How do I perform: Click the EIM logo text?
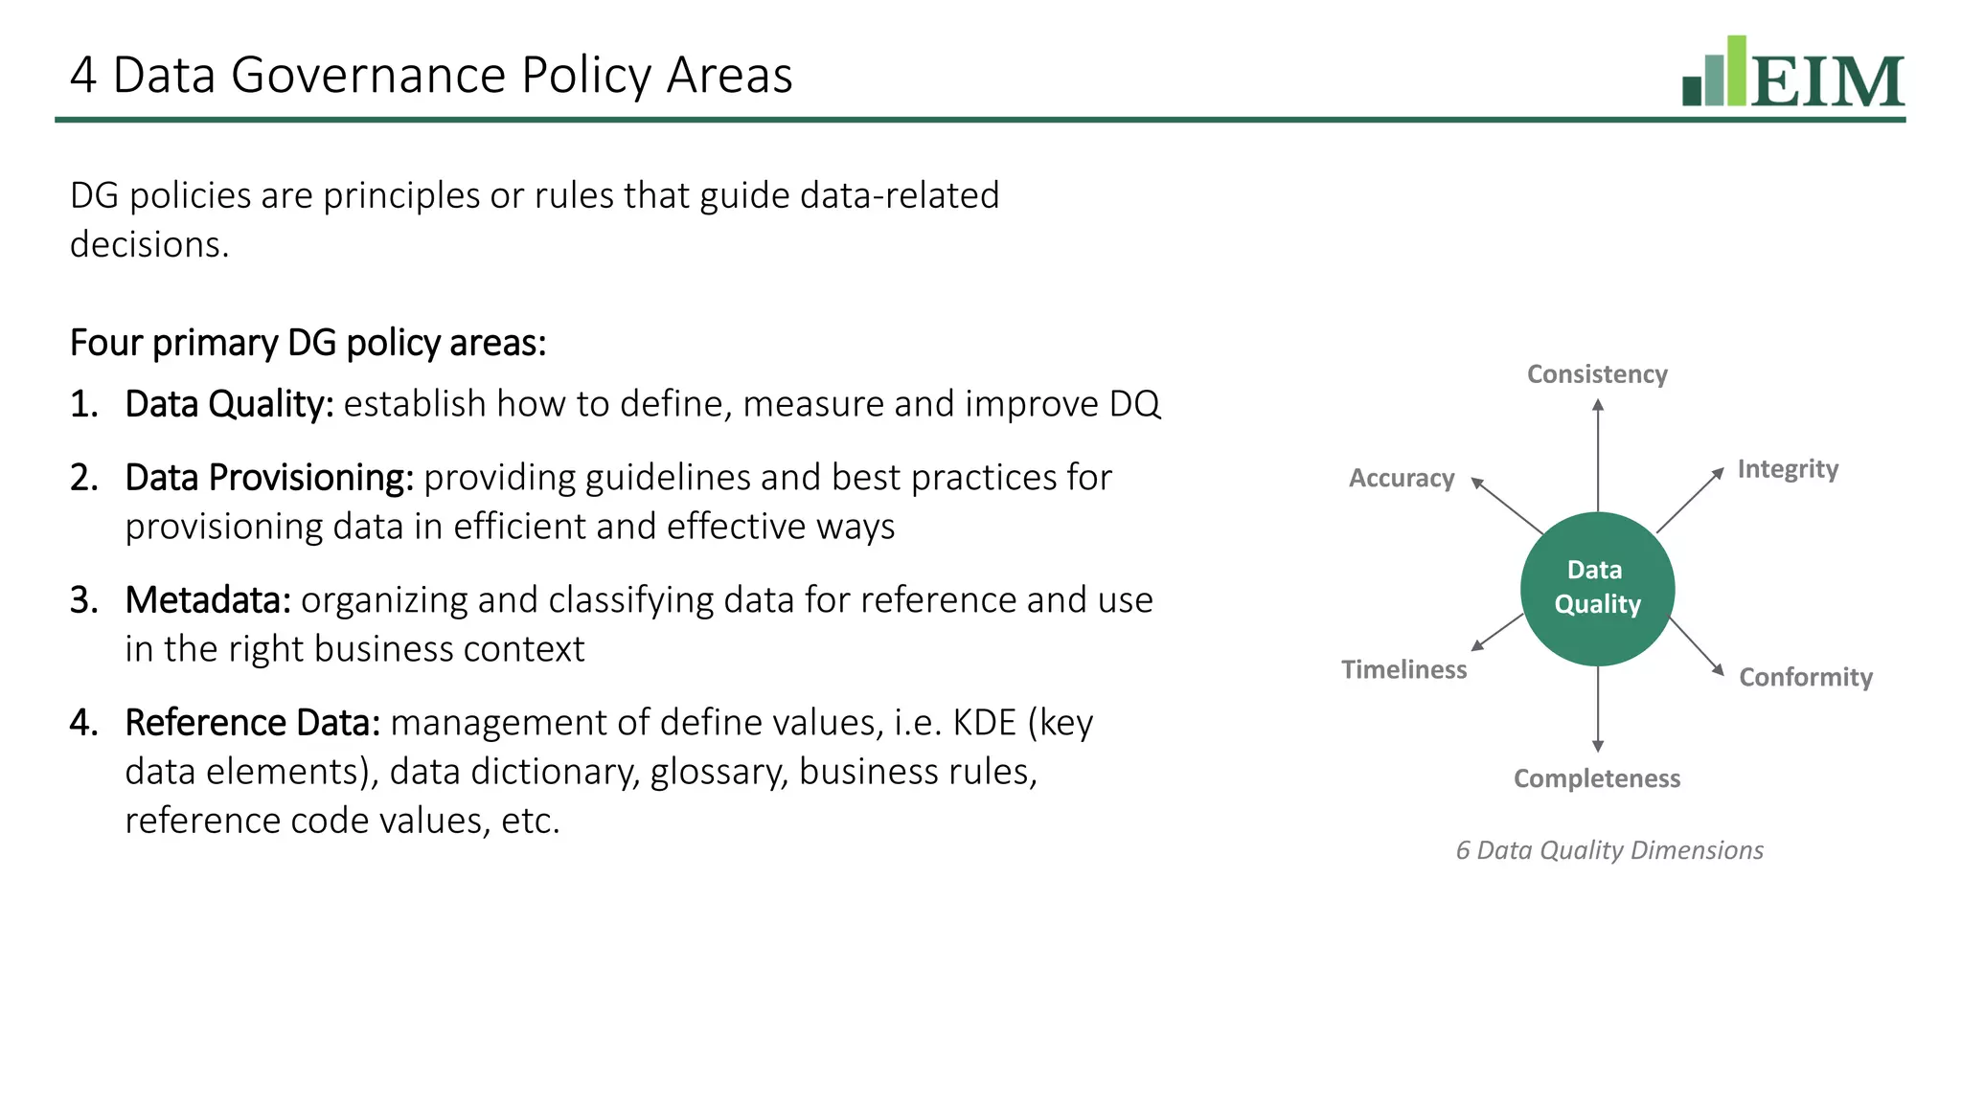(x=1828, y=82)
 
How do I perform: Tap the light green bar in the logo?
(x=1736, y=71)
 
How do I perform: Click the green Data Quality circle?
(x=1597, y=588)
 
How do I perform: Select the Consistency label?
(x=1597, y=374)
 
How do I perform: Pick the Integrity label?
(x=1788, y=469)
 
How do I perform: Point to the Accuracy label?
(x=1402, y=478)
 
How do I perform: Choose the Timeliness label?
(x=1403, y=669)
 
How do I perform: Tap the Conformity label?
(x=1806, y=677)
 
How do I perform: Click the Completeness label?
(x=1597, y=778)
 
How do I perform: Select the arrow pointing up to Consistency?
(x=1597, y=454)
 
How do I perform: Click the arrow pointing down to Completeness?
(x=1597, y=709)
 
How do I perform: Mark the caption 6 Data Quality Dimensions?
(x=1609, y=850)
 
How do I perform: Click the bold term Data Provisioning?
(x=269, y=478)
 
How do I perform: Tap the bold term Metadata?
(x=208, y=600)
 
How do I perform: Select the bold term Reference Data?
(x=253, y=723)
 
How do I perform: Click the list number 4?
(x=82, y=723)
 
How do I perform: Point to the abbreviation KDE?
(x=984, y=723)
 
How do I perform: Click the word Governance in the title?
(x=369, y=75)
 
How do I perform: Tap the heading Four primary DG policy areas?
(x=308, y=343)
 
